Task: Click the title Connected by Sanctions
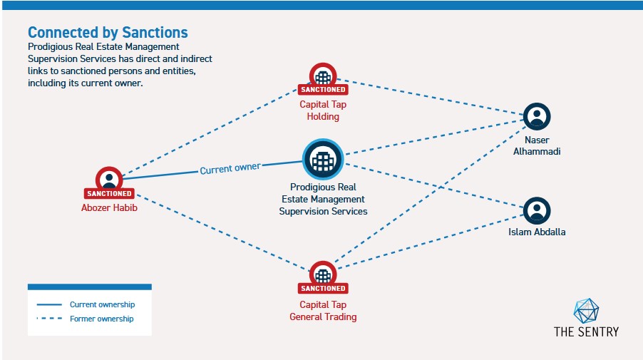108,32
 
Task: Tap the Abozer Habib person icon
109,179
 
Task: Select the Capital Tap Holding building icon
323,76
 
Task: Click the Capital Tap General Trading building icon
323,274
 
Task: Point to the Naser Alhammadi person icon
537,116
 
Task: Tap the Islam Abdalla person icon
537,210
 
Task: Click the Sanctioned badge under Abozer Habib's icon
109,193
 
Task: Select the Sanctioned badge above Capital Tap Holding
323,90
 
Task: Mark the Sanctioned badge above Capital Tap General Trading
323,288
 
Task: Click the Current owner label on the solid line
230,168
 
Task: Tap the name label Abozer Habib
109,208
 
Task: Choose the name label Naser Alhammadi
537,145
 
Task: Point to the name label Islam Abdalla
537,232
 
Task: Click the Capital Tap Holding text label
323,110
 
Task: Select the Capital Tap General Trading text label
323,311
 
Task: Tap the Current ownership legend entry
102,304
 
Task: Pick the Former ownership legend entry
101,319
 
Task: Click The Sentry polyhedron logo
586,310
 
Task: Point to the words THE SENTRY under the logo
586,331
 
